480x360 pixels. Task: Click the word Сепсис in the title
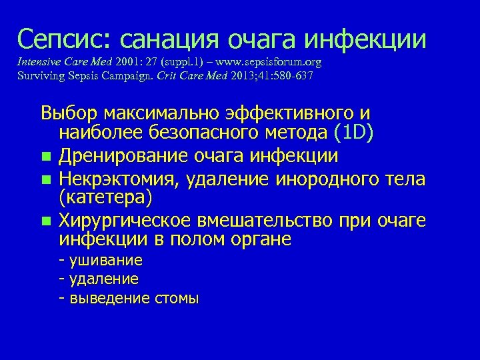tap(55, 39)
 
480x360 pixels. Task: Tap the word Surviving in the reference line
tap(41, 75)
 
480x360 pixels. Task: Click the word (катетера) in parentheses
tap(105, 198)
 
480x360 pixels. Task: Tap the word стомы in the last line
tap(175, 298)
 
